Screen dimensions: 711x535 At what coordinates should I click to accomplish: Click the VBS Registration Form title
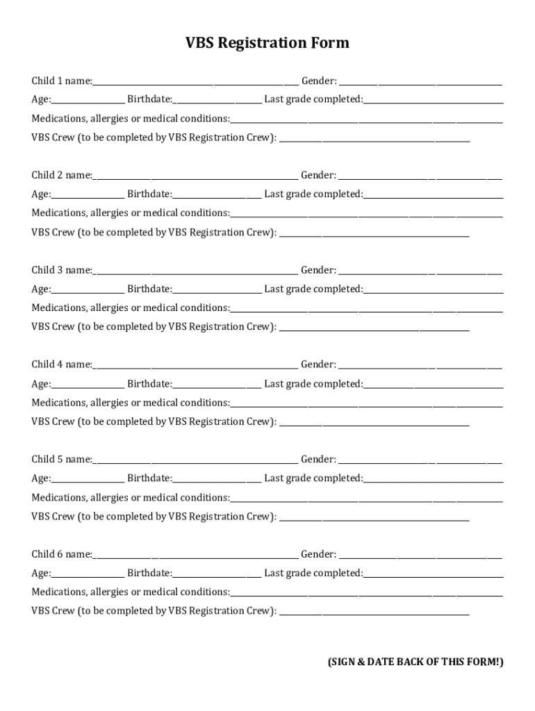click(x=267, y=44)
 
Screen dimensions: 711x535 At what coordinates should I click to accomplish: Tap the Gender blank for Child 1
click(x=420, y=82)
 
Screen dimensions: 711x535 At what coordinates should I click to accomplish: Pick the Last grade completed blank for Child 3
click(x=433, y=290)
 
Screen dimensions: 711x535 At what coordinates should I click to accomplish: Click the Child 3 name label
click(x=61, y=270)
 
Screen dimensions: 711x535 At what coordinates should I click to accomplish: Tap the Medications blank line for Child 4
click(x=366, y=404)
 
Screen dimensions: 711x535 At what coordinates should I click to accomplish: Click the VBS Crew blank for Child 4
click(x=374, y=423)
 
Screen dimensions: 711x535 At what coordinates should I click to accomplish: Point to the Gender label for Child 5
click(x=318, y=460)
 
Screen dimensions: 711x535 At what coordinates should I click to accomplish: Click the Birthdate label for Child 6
click(x=149, y=574)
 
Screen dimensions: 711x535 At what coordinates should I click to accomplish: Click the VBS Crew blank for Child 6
click(x=374, y=612)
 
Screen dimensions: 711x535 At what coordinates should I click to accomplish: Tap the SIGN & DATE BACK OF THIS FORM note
click(x=415, y=662)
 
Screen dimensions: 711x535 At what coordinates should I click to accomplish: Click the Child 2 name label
click(x=61, y=176)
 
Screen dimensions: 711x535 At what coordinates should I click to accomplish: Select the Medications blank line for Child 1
click(x=366, y=120)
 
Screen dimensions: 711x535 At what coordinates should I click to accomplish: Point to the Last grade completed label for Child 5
click(x=313, y=478)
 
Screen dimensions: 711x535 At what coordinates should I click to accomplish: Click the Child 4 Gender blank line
click(x=420, y=366)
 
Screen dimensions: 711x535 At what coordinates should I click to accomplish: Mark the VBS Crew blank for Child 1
click(x=374, y=139)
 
